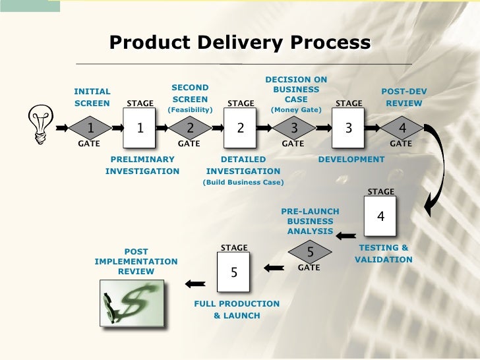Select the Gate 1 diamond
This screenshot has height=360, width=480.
coord(90,128)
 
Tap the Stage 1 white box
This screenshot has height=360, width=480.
coord(140,128)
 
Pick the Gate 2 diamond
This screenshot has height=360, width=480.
coord(191,128)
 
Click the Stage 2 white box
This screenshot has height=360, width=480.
coord(241,128)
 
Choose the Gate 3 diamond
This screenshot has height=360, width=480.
coord(294,128)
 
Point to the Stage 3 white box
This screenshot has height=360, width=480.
coord(349,128)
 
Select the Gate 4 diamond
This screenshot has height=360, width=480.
coord(402,128)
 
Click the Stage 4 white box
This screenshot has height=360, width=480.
coord(380,216)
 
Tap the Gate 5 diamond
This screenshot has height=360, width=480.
coord(310,251)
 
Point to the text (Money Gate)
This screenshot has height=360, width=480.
coord(295,110)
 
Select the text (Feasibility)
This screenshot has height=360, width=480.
coord(190,110)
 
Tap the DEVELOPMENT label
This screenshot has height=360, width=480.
coord(351,160)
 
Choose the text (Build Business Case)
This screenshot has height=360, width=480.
coord(243,183)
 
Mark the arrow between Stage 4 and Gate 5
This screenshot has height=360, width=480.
coord(346,233)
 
